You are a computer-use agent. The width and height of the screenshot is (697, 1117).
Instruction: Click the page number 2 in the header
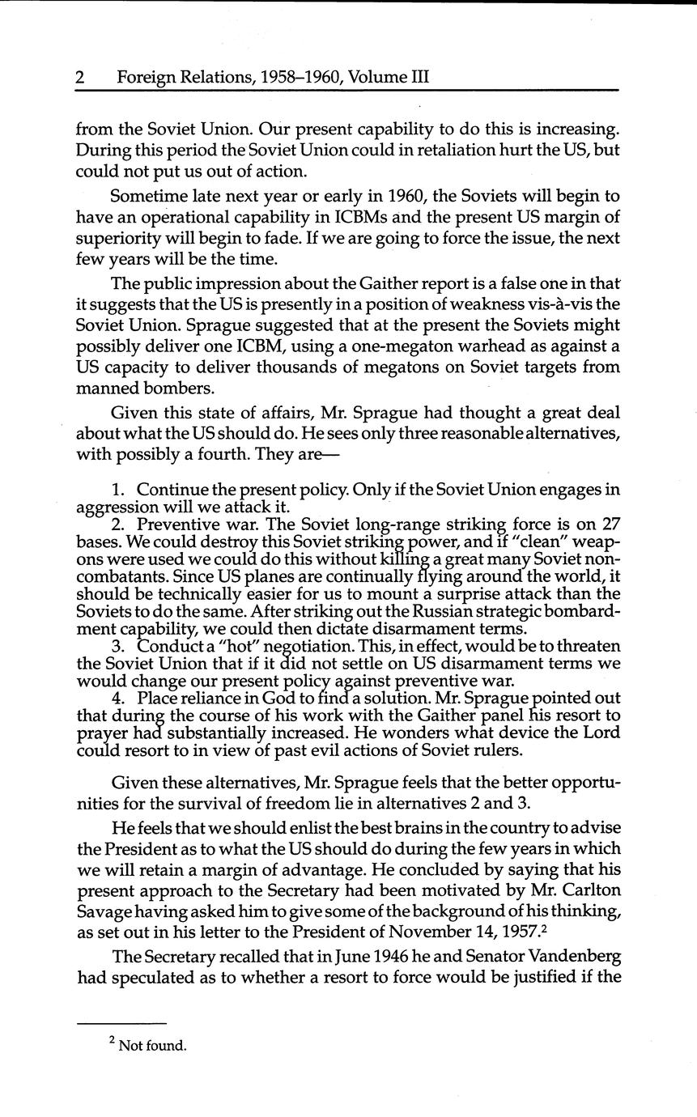click(80, 78)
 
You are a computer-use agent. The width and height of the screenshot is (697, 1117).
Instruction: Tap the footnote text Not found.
click(152, 1045)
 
